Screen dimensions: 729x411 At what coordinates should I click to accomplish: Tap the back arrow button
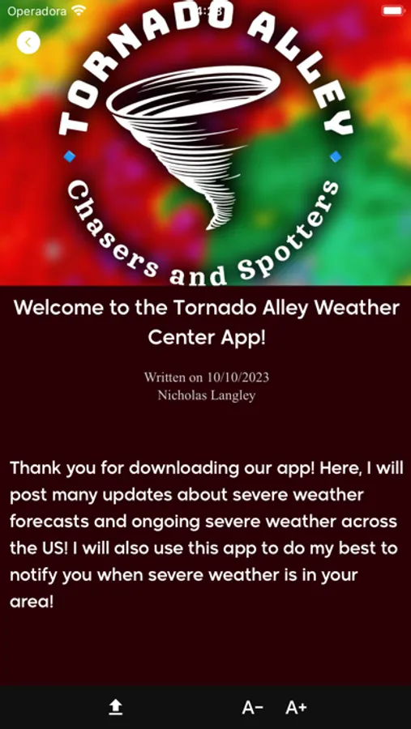tap(28, 42)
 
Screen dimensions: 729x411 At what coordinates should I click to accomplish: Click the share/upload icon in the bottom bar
tap(116, 708)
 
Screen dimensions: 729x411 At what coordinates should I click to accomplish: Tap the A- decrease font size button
tap(253, 708)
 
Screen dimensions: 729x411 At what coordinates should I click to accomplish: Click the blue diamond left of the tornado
tap(70, 156)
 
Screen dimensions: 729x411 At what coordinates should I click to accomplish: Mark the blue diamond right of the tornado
tap(336, 156)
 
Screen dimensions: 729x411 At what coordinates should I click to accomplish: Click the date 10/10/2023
tap(238, 377)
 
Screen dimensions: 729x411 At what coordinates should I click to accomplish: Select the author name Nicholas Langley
tap(207, 394)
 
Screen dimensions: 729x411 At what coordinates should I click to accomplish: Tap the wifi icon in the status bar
tap(79, 11)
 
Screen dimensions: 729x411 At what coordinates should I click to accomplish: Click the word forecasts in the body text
tap(60, 521)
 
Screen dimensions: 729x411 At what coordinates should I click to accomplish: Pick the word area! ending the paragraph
tap(32, 603)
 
